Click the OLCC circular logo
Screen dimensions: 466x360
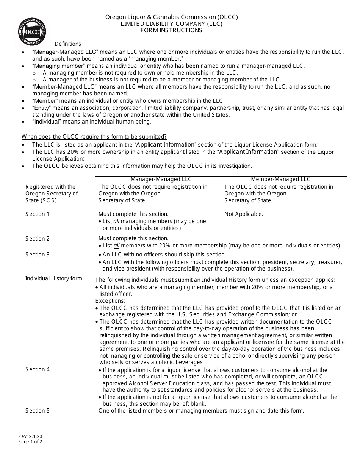click(32, 31)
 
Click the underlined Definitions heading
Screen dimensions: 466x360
click(68, 44)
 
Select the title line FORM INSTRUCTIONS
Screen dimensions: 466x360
click(172, 30)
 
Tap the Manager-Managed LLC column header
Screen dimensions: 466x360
click(161, 179)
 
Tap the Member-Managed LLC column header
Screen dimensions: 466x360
click(280, 179)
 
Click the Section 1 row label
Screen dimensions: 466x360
click(38, 214)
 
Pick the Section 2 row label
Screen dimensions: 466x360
click(38, 239)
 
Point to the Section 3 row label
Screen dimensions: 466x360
click(38, 255)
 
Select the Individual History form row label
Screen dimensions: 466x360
click(53, 278)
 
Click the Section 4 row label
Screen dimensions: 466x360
click(38, 369)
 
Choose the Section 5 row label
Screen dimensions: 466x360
click(38, 411)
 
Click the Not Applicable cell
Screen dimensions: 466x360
click(244, 214)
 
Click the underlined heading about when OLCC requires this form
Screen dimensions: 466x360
click(94, 137)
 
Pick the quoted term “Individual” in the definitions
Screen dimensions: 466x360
click(46, 122)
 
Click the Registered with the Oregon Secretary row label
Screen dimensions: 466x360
click(52, 194)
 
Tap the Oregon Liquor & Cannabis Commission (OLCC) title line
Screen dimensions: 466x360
click(172, 17)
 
